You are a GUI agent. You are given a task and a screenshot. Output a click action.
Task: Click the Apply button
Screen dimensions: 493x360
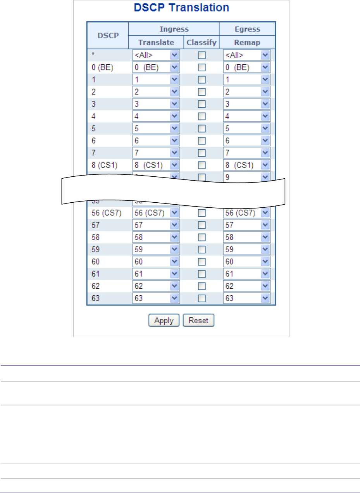coord(164,321)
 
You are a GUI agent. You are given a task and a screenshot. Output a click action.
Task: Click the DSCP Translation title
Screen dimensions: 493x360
coord(181,7)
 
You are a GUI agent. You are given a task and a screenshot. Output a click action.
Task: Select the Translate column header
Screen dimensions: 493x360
coord(156,42)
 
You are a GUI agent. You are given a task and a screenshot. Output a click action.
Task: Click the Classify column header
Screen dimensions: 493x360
coord(201,42)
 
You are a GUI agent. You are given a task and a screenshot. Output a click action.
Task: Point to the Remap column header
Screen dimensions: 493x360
coord(247,42)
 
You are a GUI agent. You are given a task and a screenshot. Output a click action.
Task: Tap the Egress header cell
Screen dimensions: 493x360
coord(247,29)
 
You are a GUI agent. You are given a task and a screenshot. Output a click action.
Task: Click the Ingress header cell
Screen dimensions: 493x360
coord(174,29)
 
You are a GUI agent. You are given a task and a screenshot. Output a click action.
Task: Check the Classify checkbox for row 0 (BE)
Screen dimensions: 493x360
coord(201,68)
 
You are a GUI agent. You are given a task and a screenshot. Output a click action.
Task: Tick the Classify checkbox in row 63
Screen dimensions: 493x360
coord(201,298)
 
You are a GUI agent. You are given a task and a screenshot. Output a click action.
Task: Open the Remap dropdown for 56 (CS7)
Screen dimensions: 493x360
coord(247,212)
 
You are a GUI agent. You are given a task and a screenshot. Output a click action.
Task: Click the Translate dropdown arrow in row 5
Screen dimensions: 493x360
coord(174,128)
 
